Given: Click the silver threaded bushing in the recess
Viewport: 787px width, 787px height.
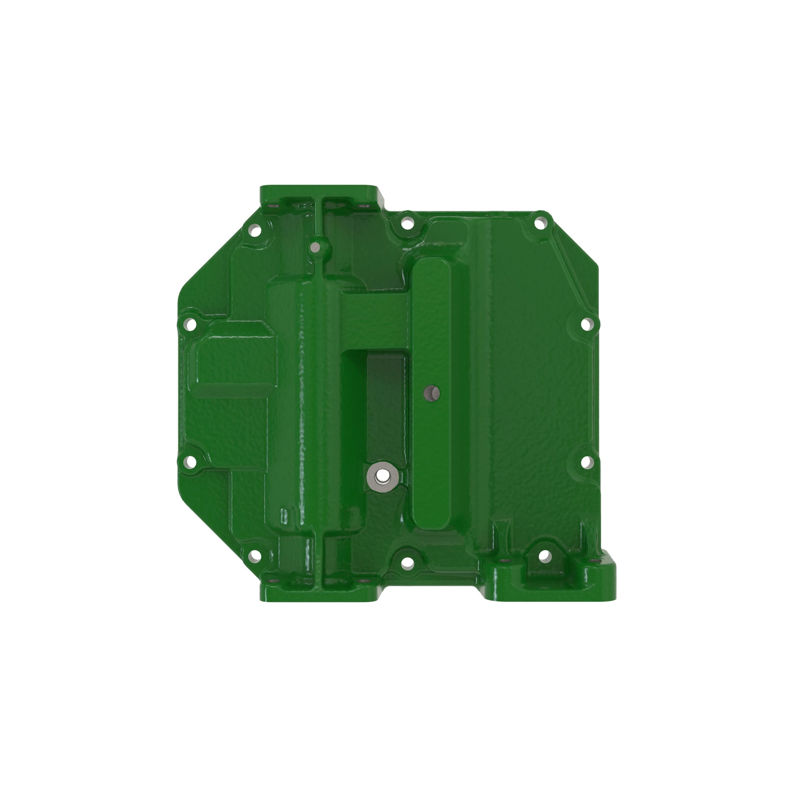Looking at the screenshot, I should pos(382,475).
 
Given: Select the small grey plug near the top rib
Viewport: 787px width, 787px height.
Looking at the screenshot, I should pos(315,246).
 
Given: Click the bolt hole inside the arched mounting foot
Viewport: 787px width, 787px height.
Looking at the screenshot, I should pos(544,555).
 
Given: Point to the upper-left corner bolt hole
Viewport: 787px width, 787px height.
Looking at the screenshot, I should pos(255,231).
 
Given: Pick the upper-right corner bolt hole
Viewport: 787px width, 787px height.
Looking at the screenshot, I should pos(540,223).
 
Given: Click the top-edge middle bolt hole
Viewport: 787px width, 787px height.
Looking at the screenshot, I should pos(407,223).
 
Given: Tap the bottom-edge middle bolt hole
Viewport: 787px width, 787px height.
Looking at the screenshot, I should pos(407,563).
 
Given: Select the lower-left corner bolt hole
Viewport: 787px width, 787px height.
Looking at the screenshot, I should pos(255,555).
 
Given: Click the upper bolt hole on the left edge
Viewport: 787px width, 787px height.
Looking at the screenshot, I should pos(190,324).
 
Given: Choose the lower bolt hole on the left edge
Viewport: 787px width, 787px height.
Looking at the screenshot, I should pos(190,462).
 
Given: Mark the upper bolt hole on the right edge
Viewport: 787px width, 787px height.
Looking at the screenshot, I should pos(586,324).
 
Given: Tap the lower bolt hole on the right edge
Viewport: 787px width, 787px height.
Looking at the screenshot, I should pos(586,462).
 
